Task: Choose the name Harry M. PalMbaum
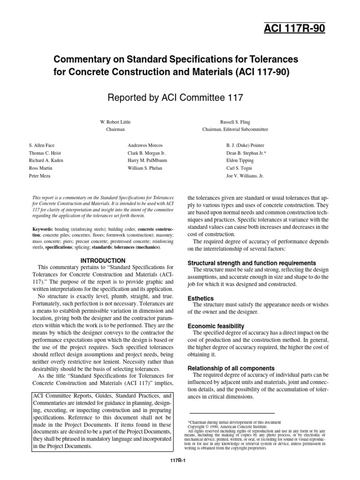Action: (x=148, y=160)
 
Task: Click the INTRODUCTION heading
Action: (x=103, y=260)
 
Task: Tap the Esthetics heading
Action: (x=201, y=298)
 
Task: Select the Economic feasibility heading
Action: (x=216, y=326)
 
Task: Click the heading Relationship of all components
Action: (x=231, y=368)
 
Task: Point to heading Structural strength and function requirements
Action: (x=251, y=263)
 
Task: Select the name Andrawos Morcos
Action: (x=146, y=146)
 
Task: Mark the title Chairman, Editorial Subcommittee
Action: (x=235, y=129)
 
